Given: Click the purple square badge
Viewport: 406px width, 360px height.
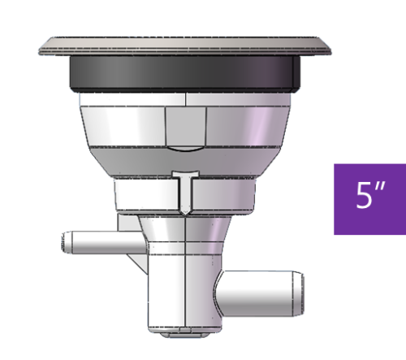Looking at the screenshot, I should (x=369, y=198).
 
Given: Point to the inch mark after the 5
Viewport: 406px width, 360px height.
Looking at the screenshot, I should (x=378, y=191).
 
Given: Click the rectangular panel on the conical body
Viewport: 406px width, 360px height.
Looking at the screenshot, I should (x=185, y=125).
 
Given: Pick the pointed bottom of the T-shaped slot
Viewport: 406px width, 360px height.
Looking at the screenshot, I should (x=185, y=212).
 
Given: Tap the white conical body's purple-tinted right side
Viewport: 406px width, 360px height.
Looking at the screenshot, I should (x=264, y=130).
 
